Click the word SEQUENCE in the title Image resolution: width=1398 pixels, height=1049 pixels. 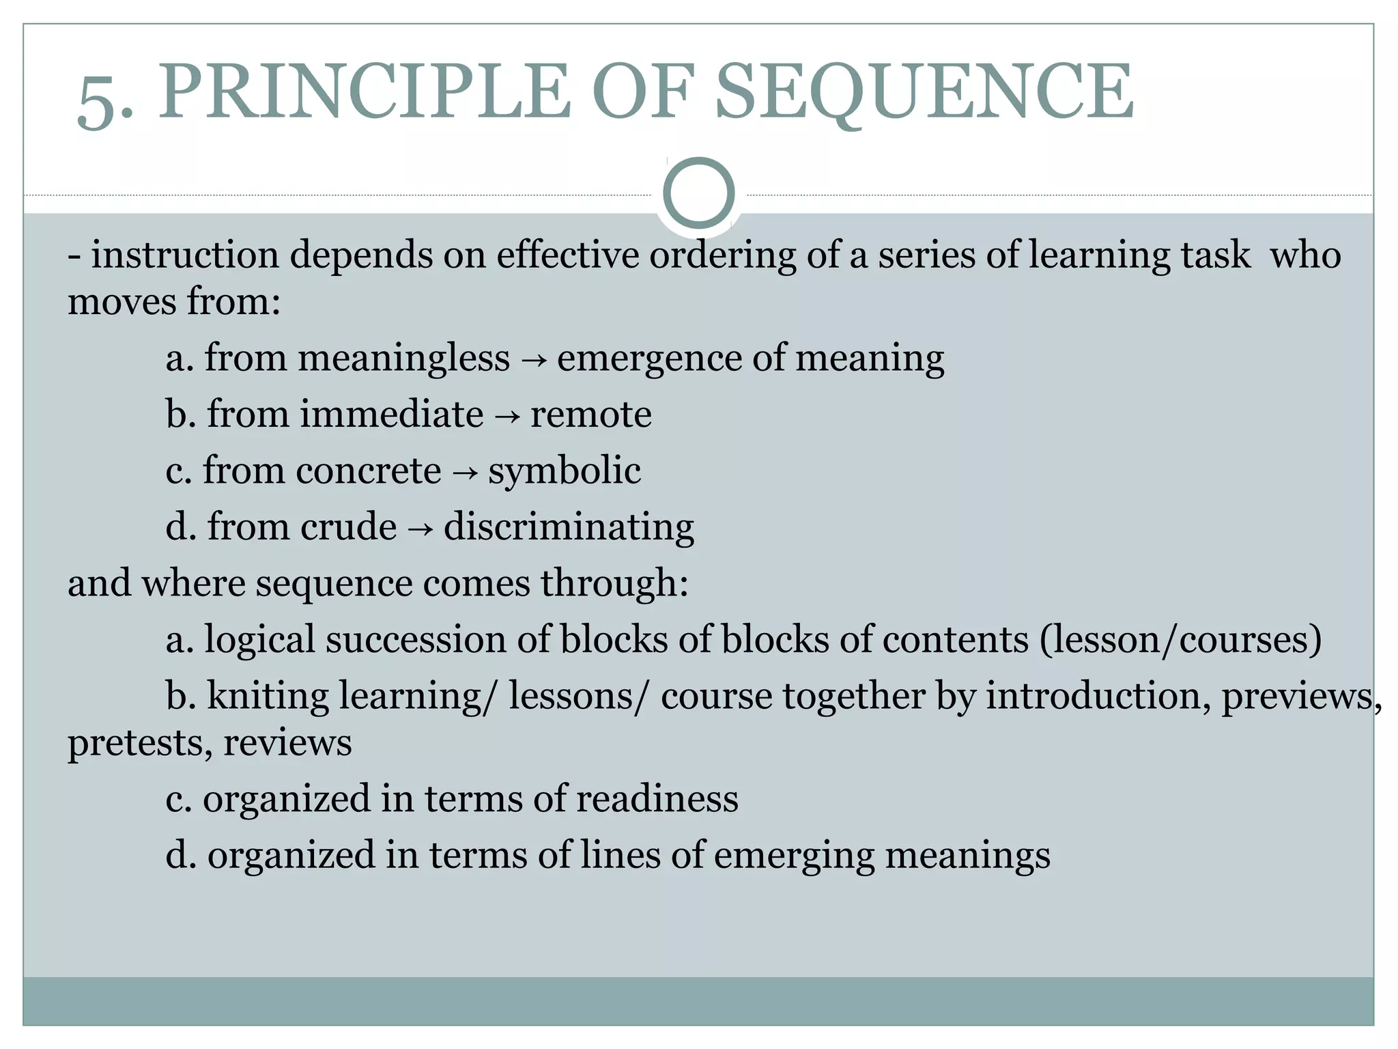(x=924, y=92)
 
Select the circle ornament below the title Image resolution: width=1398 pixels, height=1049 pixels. (x=698, y=193)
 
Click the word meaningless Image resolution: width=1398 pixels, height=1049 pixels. (x=403, y=358)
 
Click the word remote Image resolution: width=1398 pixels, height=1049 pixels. (x=591, y=415)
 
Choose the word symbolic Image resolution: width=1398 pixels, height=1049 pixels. (x=565, y=471)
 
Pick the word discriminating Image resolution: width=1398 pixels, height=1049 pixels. (x=569, y=527)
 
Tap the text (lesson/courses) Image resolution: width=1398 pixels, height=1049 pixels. (x=1180, y=640)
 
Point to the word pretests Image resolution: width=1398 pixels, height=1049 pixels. (x=140, y=743)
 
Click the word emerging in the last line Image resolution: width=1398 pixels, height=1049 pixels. (x=794, y=856)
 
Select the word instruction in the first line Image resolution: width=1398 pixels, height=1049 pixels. (x=184, y=255)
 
